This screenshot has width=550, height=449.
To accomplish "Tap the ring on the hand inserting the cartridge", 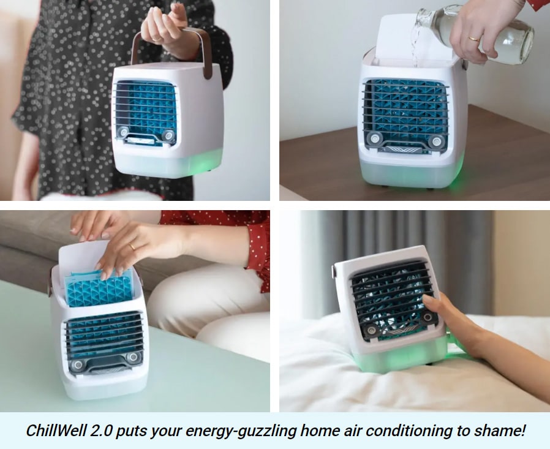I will [132, 246].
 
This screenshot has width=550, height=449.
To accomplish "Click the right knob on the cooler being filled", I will [436, 141].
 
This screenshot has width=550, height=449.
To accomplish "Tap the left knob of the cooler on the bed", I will [371, 331].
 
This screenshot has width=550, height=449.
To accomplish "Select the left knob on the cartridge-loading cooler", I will [77, 366].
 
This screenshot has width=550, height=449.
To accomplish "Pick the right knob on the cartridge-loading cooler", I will [132, 357].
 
